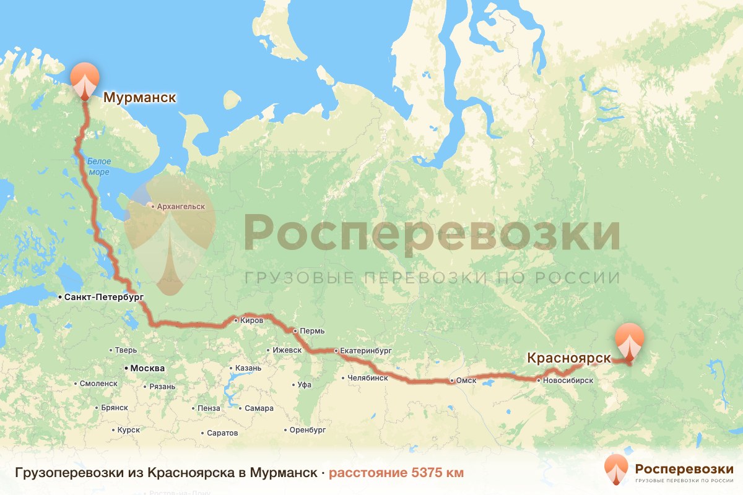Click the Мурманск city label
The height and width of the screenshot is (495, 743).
point(139,98)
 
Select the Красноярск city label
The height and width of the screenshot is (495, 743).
point(568,358)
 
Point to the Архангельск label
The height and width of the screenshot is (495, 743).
point(181,206)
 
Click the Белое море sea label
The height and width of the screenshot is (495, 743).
point(98,166)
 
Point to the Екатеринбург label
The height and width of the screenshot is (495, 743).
point(366,351)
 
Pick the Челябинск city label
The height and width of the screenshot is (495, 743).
point(368,378)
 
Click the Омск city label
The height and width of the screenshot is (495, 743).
point(466,381)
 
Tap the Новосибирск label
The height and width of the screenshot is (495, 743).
point(568,381)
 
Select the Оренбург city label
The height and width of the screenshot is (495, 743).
point(308,429)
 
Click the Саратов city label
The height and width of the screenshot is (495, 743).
point(224,433)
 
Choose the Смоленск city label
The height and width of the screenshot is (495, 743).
point(98,384)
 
